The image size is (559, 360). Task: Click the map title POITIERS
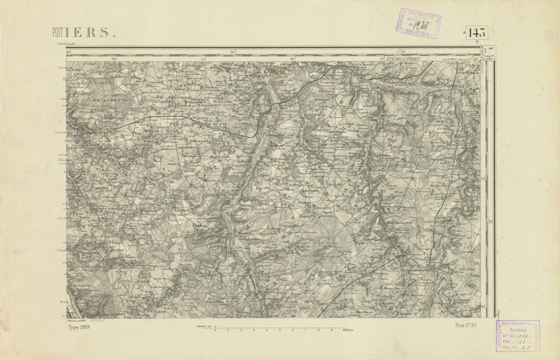[83, 33]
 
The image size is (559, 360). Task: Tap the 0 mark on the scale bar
[216, 329]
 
